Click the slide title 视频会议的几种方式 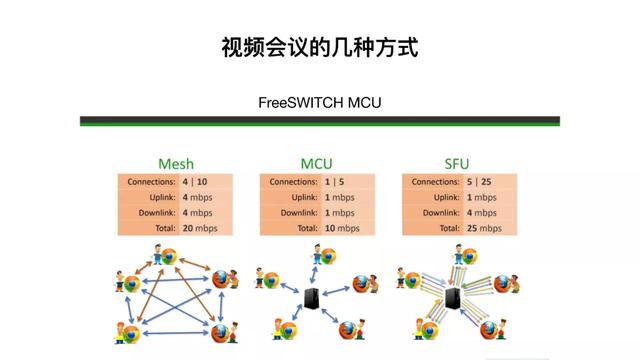(x=319, y=47)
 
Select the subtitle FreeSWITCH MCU (x=319, y=102)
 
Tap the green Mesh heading (x=176, y=164)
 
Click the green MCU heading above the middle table (x=318, y=164)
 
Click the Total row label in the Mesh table (x=160, y=229)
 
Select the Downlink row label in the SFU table (x=438, y=213)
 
